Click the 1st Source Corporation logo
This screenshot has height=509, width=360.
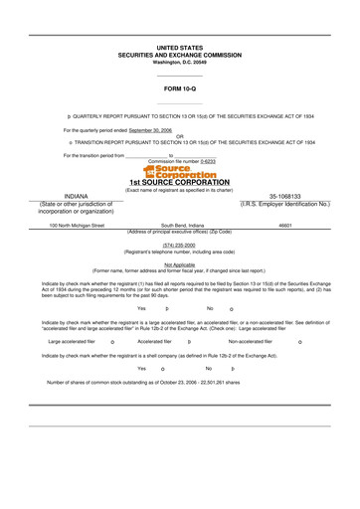(180, 172)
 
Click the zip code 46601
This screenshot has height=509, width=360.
(285, 226)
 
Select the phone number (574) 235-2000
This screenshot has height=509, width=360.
(180, 245)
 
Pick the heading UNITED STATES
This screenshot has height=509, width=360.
(180, 47)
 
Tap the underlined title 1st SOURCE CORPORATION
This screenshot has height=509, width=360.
(180, 183)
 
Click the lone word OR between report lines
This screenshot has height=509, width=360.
(180, 136)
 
